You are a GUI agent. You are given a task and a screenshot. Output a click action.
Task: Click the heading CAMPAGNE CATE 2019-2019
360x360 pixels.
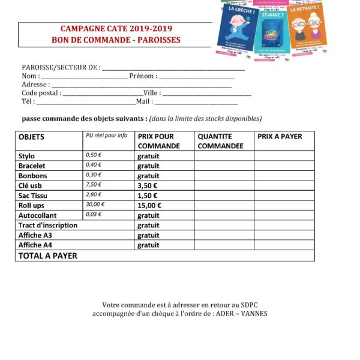116,29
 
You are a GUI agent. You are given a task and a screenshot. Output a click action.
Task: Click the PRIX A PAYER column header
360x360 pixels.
280,137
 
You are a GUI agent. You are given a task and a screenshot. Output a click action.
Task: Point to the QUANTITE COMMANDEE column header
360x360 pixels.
220,141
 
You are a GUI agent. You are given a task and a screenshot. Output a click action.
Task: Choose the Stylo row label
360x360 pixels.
27,156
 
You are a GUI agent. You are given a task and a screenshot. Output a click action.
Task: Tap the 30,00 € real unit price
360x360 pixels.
95,205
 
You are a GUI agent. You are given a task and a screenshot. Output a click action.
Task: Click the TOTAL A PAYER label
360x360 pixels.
48,256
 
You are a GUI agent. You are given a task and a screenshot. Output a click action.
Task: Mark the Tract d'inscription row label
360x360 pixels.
48,225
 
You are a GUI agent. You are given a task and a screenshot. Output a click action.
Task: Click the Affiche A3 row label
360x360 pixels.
35,235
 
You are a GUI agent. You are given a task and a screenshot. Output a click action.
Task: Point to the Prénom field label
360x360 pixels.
143,76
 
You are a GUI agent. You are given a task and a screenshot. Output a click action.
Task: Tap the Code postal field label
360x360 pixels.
41,93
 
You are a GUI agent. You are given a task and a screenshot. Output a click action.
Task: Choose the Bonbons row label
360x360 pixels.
32,176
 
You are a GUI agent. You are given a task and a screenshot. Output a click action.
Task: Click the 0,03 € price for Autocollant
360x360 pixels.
94,215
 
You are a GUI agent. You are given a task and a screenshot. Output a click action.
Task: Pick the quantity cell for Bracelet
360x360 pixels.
224,166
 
